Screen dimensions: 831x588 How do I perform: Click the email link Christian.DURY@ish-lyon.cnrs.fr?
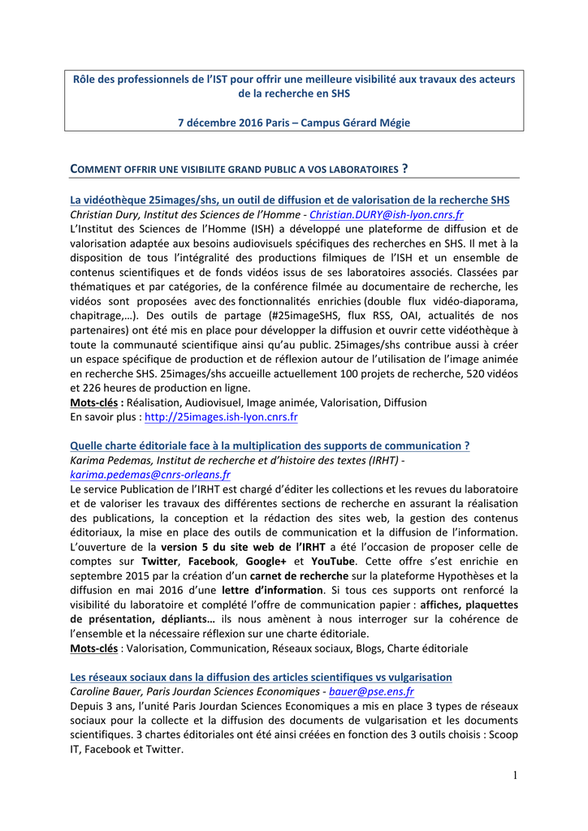pos(387,215)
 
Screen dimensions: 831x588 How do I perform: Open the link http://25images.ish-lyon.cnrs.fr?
pos(221,417)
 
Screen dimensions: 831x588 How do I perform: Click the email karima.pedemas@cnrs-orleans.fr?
pos(150,475)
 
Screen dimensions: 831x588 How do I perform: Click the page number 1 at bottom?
pos(514,776)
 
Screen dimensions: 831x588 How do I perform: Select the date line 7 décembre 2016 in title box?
pos(294,123)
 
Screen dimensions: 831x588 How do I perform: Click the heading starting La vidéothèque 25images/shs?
pos(290,200)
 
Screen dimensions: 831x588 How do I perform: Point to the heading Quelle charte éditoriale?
pos(270,446)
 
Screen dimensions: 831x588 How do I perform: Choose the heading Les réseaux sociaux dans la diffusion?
pos(261,677)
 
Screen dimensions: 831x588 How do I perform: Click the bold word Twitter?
pos(161,562)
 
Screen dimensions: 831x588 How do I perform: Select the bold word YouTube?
pos(331,562)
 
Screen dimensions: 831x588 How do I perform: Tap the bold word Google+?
pos(266,562)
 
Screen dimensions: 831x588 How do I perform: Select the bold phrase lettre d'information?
pos(272,591)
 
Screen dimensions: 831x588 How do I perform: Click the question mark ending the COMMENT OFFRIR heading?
pos(404,169)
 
